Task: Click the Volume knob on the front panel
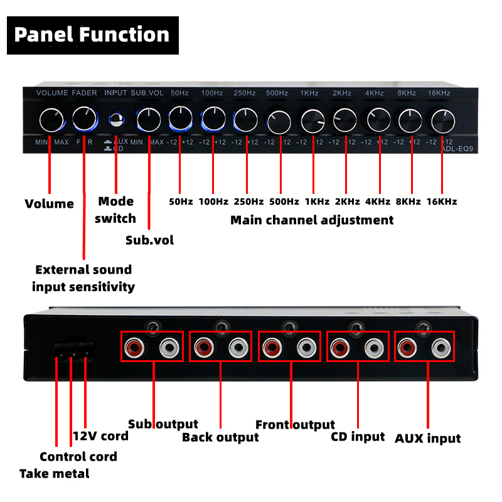pos(50,119)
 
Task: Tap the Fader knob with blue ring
pos(84,119)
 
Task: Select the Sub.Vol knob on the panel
pos(149,119)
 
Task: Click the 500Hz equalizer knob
pos(277,120)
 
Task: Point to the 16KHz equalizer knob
pos(442,119)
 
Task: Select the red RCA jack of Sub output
pos(134,346)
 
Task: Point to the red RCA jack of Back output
pos(203,346)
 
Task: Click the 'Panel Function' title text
pos(92,34)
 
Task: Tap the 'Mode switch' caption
pos(116,210)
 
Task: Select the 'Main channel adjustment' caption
pos(312,220)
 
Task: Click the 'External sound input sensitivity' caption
pos(83,278)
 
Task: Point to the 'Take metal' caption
pos(55,473)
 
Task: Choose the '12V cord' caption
pos(100,435)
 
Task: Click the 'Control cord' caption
pos(78,456)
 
